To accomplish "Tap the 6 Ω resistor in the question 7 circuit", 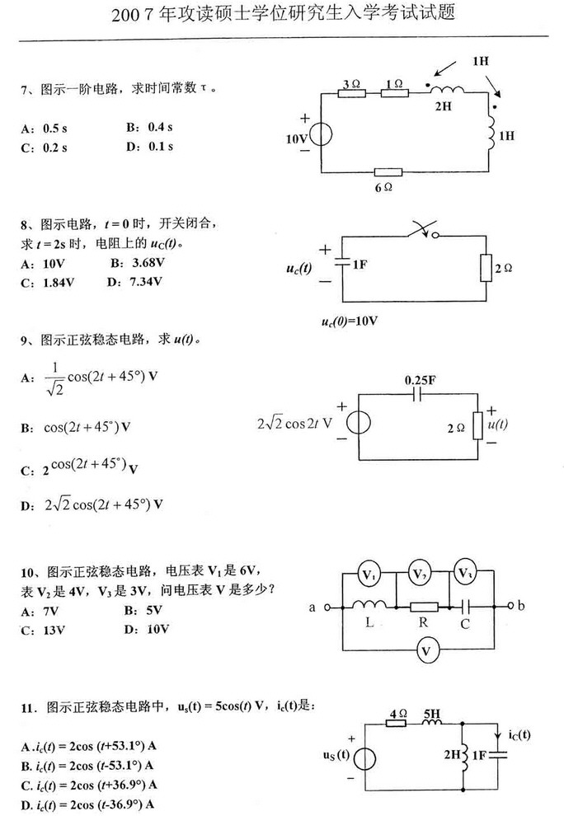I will click(x=388, y=173).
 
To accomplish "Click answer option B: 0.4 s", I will click(x=148, y=127).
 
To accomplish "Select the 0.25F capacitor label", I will click(x=420, y=381).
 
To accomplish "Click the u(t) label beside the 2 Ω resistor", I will click(x=497, y=425).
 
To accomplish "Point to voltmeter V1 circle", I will click(x=370, y=574).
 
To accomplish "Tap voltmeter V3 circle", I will click(x=466, y=574).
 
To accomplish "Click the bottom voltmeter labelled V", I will click(x=425, y=652).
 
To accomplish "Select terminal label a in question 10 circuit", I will click(x=313, y=607).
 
